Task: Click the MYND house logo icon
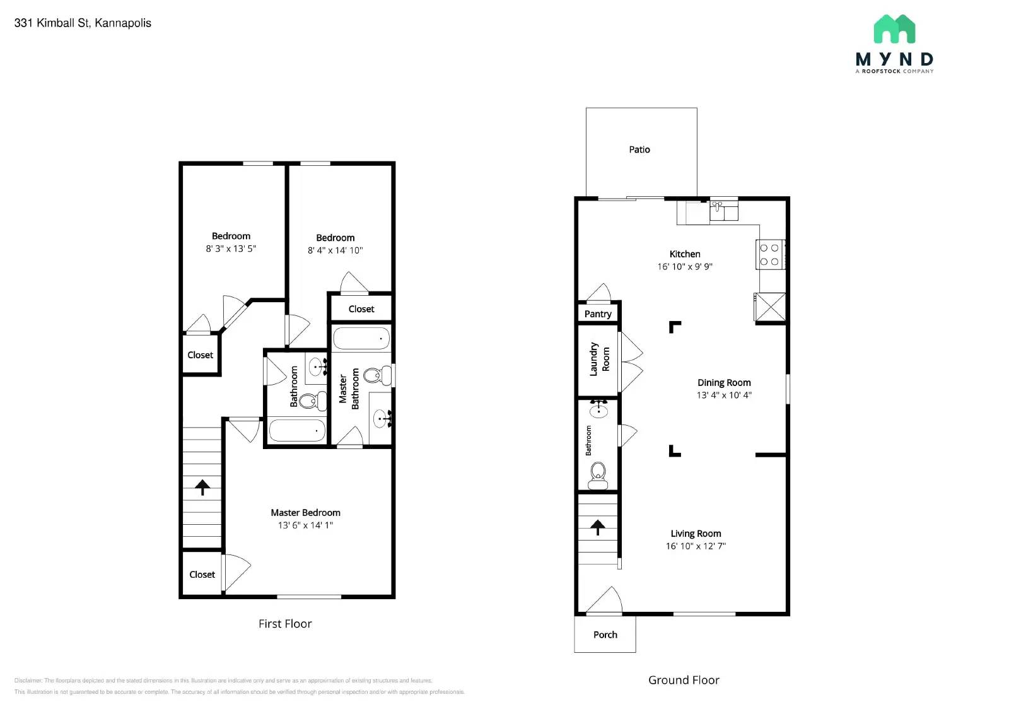894,29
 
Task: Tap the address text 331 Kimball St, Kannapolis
83,23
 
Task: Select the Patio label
639,149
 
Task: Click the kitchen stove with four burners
769,255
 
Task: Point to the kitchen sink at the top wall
723,210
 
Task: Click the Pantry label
597,313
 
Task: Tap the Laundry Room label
599,360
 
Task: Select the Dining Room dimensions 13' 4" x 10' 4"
723,395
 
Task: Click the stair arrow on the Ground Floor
597,527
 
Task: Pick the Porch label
605,635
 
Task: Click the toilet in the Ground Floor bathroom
597,474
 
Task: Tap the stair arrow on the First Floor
202,487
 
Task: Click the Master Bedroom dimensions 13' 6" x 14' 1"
305,525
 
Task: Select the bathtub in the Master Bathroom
361,339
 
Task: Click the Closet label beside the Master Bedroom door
202,575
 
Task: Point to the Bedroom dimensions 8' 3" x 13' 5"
231,249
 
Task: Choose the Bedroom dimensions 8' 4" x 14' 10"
335,250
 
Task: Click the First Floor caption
285,624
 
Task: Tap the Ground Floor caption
684,680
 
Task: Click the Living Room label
696,534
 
